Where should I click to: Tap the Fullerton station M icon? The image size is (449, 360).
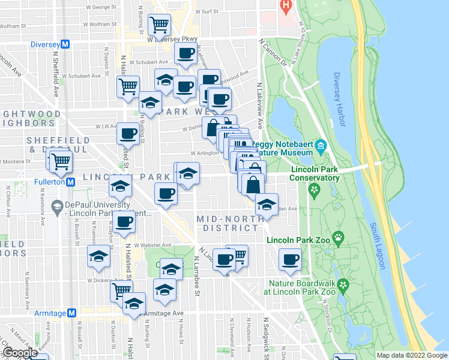[x=70, y=182]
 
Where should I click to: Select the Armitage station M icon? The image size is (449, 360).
[x=71, y=313]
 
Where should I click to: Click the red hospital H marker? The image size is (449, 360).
[x=286, y=7]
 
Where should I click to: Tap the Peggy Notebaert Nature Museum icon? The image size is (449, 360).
[x=321, y=146]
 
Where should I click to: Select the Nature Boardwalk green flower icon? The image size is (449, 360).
[x=342, y=283]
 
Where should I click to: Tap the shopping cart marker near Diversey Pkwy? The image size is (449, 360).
[x=160, y=25]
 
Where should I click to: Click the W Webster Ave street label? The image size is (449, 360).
[x=152, y=245]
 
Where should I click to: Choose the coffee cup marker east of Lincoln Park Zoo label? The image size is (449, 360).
[x=291, y=260]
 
